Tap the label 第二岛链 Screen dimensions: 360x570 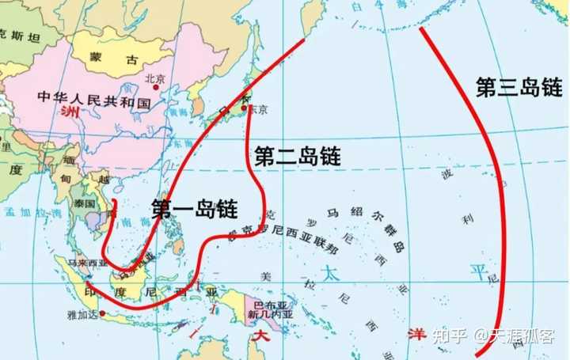[298, 156]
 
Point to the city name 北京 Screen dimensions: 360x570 [155, 78]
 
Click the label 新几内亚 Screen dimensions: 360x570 [262, 314]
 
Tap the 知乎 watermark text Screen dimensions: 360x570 [451, 334]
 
